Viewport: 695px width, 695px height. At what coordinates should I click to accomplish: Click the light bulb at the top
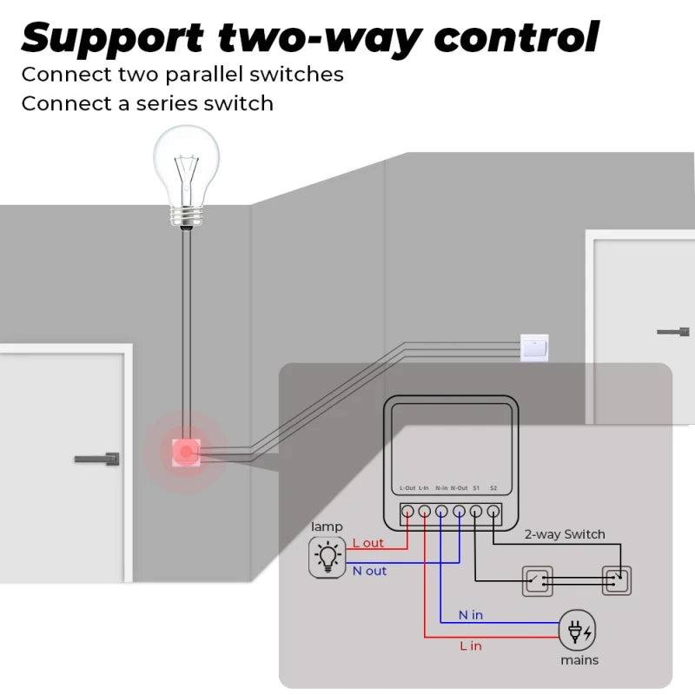[x=186, y=169]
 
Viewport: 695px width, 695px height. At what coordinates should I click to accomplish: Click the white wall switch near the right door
[x=533, y=347]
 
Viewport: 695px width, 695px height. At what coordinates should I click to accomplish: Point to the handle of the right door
[x=673, y=332]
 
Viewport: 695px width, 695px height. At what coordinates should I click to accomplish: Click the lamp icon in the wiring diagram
[x=327, y=557]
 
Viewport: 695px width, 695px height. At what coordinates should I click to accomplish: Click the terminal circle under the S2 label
[x=493, y=512]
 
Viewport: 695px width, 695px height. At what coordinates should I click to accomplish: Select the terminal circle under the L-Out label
[x=407, y=512]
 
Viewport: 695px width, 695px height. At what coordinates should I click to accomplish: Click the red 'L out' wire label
[x=367, y=543]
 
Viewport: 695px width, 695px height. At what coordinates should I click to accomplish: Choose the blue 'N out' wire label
[x=369, y=571]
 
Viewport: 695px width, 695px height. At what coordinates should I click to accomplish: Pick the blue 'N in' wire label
[x=470, y=615]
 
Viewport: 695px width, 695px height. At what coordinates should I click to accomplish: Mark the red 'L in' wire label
[x=470, y=645]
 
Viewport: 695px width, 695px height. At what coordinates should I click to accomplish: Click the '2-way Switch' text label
[x=565, y=534]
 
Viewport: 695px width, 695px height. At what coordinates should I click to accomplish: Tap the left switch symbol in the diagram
[x=535, y=579]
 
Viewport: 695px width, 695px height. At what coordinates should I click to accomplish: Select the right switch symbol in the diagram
[x=617, y=579]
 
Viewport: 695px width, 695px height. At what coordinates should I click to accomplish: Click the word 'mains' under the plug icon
[x=579, y=660]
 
